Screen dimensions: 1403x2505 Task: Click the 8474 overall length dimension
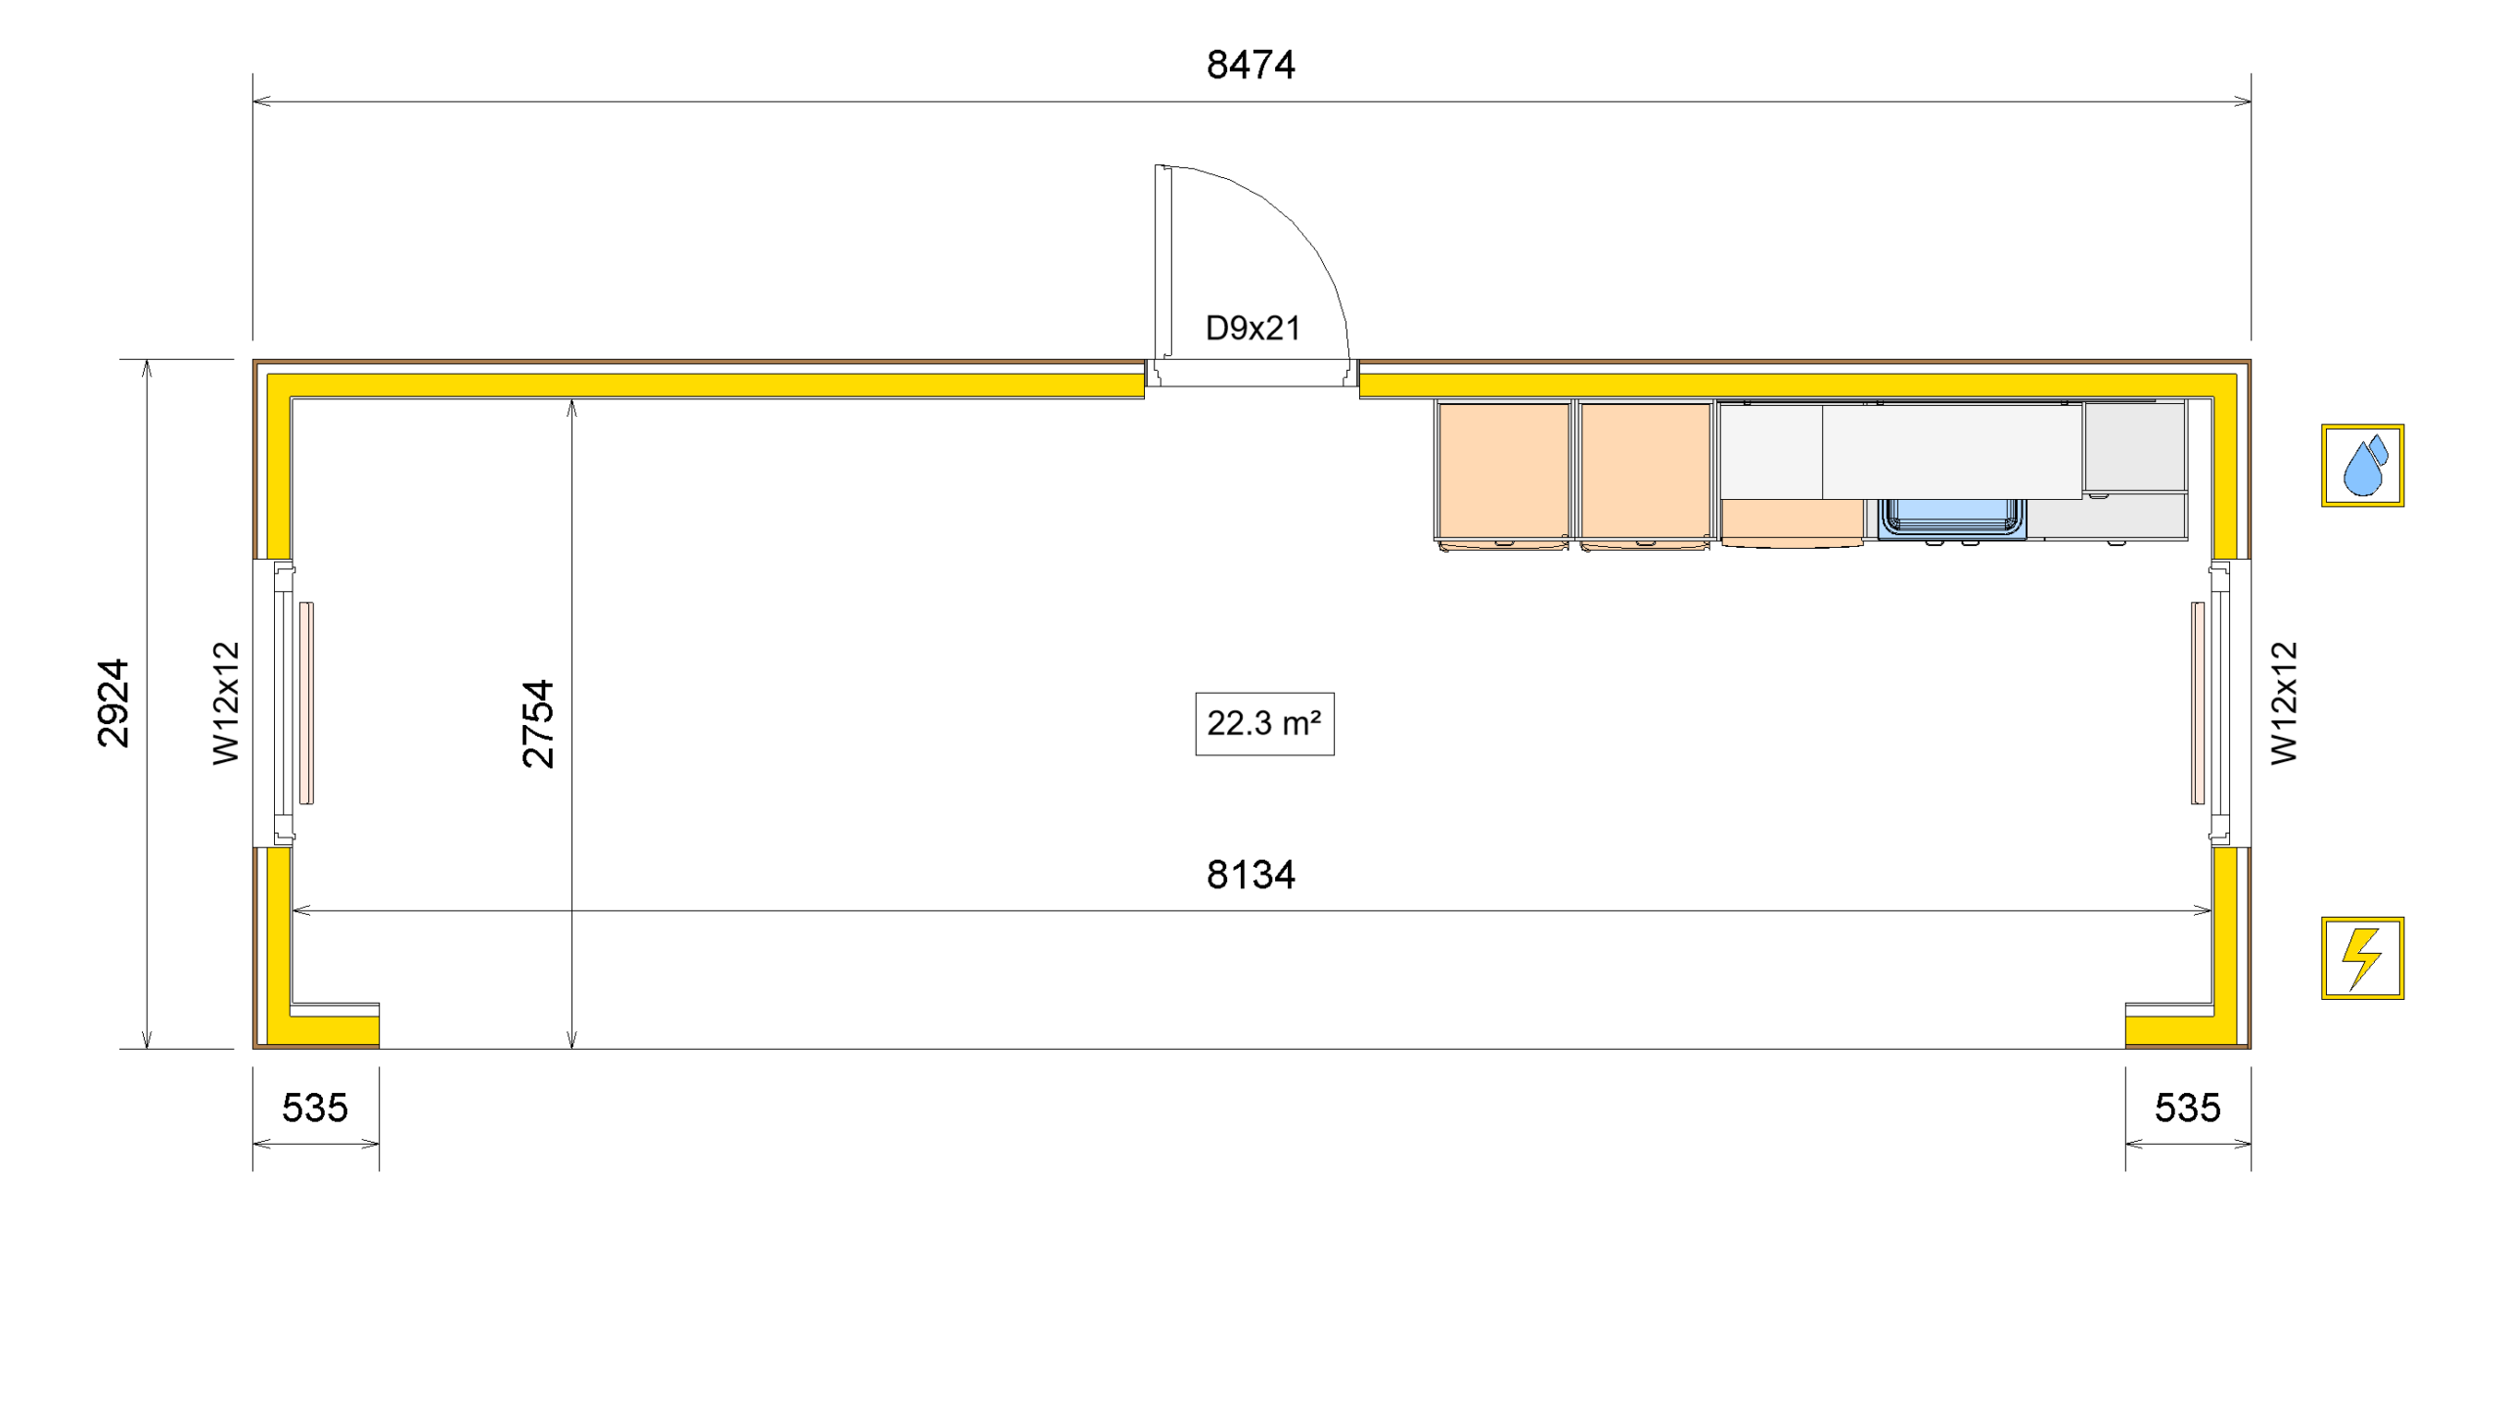pyautogui.click(x=1250, y=66)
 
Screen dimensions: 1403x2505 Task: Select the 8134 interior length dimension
pyautogui.click(x=1250, y=874)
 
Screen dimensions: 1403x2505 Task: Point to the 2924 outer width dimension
pyautogui.click(x=114, y=702)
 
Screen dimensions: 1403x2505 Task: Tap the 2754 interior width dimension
pyautogui.click(x=538, y=723)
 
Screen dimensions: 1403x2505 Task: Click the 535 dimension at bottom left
pyautogui.click(x=314, y=1108)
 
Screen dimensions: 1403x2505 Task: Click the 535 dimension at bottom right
pyautogui.click(x=2187, y=1108)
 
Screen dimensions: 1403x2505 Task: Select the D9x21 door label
pyautogui.click(x=1252, y=328)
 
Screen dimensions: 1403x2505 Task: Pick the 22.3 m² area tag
pyautogui.click(x=1263, y=723)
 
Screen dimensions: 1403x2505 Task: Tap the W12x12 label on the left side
pyautogui.click(x=226, y=702)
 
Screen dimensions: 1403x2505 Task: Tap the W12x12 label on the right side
pyautogui.click(x=2283, y=702)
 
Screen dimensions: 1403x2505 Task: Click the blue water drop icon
pyautogui.click(x=2361, y=465)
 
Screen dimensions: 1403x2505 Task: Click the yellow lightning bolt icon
pyautogui.click(x=2361, y=957)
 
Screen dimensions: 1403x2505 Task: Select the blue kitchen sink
pyautogui.click(x=1951, y=517)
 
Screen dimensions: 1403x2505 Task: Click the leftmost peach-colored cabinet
pyautogui.click(x=1503, y=472)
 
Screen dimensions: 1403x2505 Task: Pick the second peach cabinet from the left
pyautogui.click(x=1645, y=472)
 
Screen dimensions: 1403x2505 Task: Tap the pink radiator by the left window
pyautogui.click(x=306, y=702)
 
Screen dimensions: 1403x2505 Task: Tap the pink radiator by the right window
pyautogui.click(x=2197, y=702)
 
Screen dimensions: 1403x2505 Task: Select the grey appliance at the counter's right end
pyautogui.click(x=2134, y=446)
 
